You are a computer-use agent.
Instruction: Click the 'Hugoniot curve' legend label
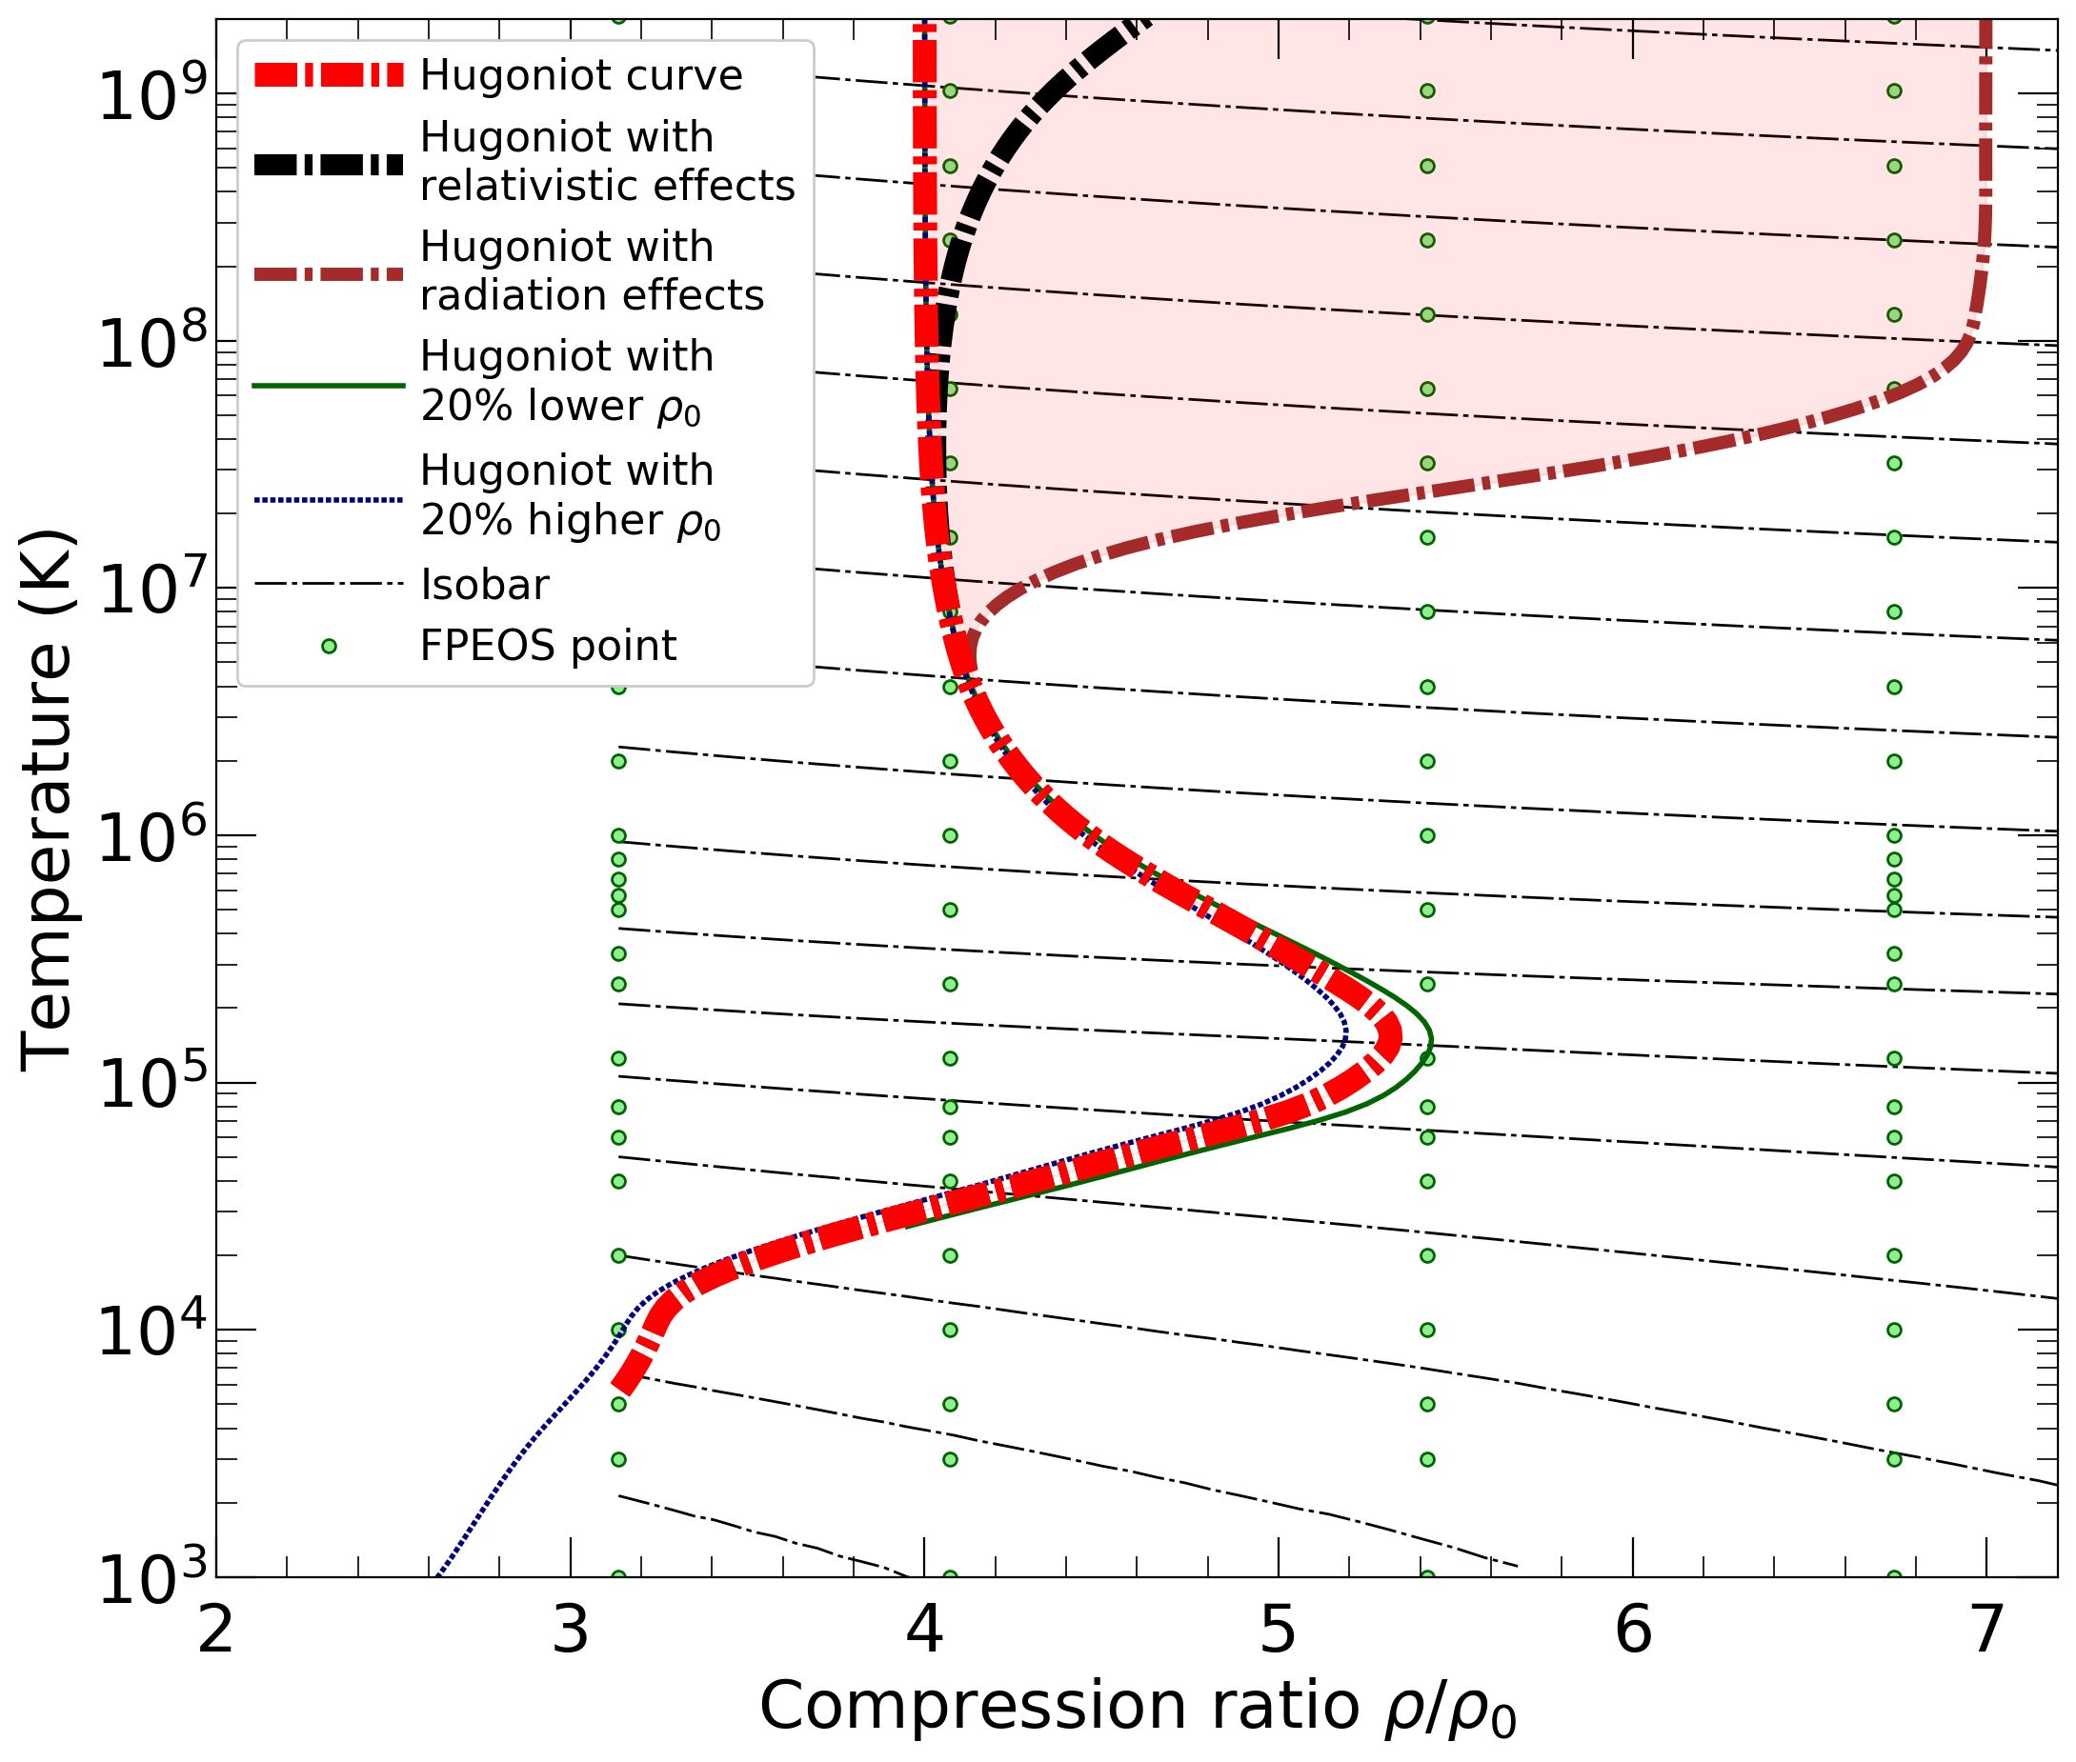click(x=580, y=76)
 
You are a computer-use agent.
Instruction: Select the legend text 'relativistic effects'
click(x=608, y=186)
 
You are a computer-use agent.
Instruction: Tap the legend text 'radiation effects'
click(x=592, y=295)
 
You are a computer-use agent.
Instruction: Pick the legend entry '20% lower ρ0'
click(x=560, y=407)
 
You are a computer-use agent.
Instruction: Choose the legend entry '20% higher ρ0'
click(x=571, y=520)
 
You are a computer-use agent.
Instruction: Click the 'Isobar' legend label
click(x=485, y=586)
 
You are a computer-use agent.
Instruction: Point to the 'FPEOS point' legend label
click(x=548, y=647)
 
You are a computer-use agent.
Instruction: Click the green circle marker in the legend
click(x=329, y=648)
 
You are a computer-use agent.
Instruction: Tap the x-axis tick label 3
click(x=571, y=1632)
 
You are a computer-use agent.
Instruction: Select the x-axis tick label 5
click(x=1278, y=1632)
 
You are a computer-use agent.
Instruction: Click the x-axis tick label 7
click(x=1985, y=1632)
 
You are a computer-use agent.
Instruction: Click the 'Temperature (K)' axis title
click(x=47, y=799)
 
